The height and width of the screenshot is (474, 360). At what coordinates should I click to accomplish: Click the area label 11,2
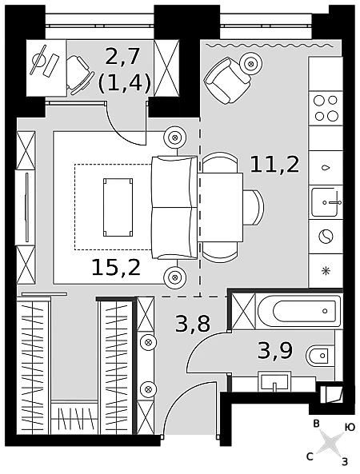[274, 165]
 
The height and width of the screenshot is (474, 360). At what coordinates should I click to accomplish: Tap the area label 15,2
[116, 267]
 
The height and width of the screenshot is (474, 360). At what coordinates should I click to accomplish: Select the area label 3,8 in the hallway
[193, 324]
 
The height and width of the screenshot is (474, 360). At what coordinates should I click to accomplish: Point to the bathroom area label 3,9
[275, 350]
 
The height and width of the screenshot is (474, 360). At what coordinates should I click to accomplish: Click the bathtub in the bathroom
[299, 310]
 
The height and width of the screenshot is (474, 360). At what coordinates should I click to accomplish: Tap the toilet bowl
[318, 356]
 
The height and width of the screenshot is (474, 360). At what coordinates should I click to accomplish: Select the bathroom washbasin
[274, 381]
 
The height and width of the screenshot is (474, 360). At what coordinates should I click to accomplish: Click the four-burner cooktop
[326, 108]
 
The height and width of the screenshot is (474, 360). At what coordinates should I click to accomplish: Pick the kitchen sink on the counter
[326, 202]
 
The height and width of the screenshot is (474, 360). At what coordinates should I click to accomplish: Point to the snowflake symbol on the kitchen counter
[326, 270]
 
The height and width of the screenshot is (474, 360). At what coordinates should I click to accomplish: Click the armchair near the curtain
[227, 81]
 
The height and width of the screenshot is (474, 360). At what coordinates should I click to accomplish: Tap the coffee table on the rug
[118, 207]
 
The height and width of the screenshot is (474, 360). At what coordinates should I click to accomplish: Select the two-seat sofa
[175, 207]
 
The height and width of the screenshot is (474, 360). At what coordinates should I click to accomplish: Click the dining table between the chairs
[221, 207]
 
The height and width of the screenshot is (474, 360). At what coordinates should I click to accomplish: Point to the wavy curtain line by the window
[270, 46]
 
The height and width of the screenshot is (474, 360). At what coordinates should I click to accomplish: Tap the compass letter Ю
[350, 427]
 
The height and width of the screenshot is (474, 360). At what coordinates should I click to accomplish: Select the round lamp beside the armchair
[251, 64]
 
